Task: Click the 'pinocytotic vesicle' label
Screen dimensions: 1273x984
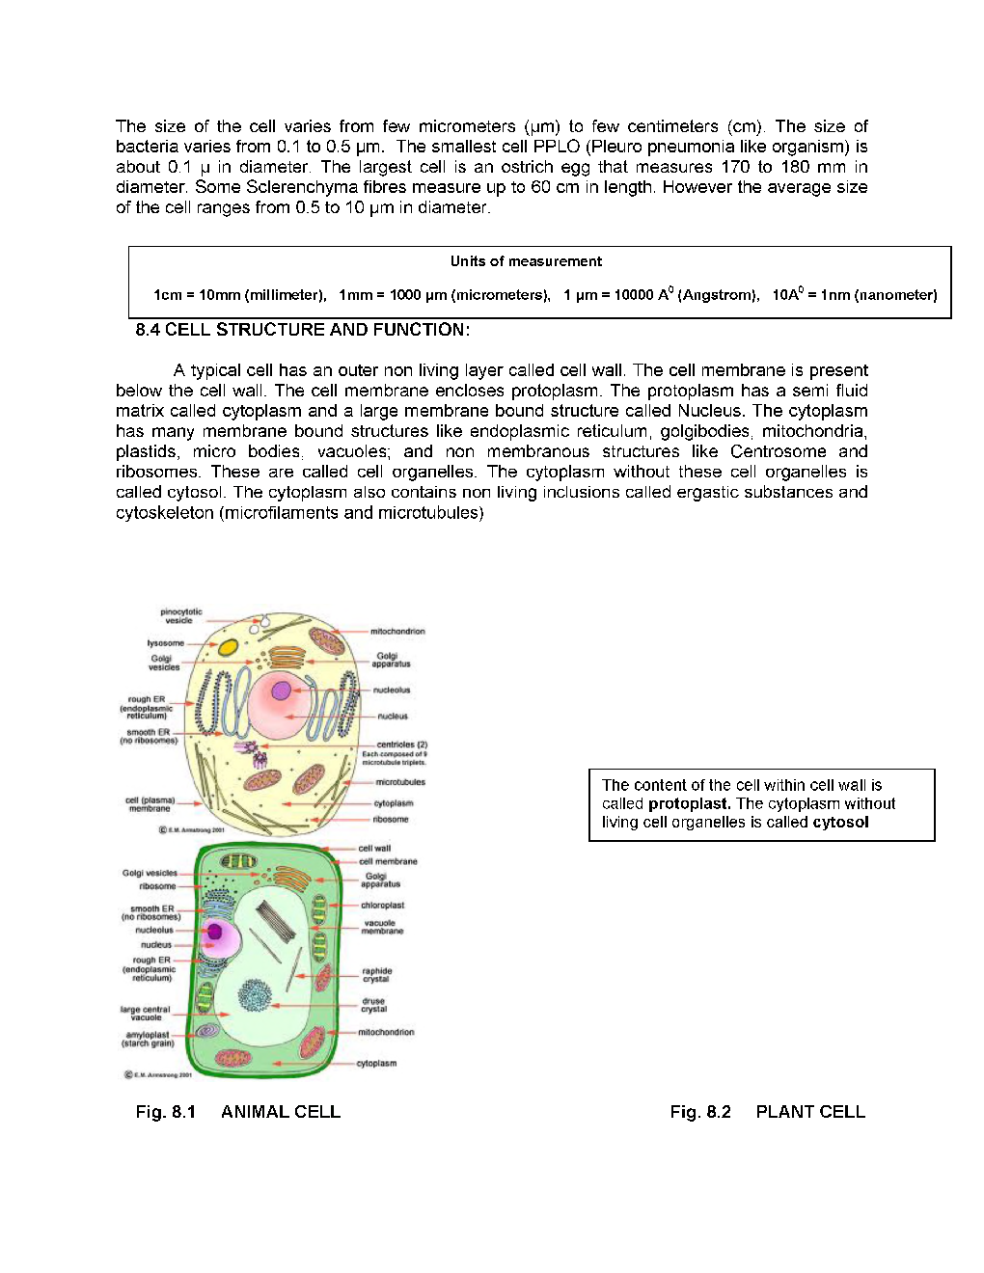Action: click(181, 616)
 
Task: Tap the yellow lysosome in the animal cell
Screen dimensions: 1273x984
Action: click(229, 648)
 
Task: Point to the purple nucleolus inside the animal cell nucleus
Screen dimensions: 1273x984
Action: click(281, 691)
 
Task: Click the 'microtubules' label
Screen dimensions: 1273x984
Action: click(400, 782)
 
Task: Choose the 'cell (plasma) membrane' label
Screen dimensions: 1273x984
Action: click(150, 804)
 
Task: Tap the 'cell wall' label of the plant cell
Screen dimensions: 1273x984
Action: click(374, 849)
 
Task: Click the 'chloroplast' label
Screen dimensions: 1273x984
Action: click(382, 906)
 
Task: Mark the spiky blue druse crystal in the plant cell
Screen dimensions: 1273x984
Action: click(255, 994)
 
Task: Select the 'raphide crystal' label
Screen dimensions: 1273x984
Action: click(377, 975)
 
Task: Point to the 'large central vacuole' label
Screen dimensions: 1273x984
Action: click(145, 1013)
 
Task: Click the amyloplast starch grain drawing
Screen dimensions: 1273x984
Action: click(207, 1031)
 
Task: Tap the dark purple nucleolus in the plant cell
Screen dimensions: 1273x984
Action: click(215, 932)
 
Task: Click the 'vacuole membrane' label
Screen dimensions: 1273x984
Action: click(381, 927)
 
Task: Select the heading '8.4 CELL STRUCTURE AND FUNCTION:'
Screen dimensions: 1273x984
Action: click(303, 330)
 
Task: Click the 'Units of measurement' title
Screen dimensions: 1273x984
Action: click(526, 261)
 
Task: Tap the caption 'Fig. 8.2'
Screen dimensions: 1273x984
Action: click(700, 1112)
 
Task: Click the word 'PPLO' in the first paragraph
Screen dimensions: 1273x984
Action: click(557, 147)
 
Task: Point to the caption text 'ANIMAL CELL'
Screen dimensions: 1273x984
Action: click(281, 1112)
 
